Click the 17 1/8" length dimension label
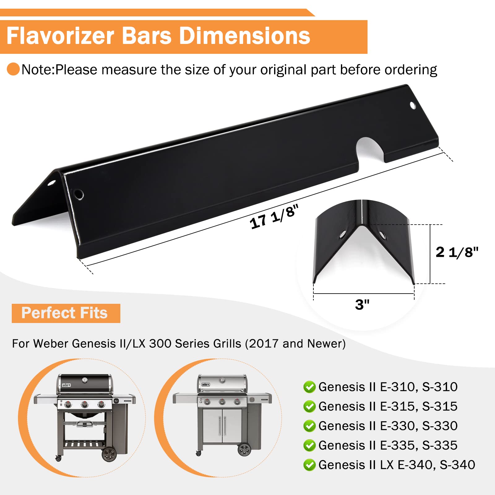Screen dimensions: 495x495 pyautogui.click(x=274, y=217)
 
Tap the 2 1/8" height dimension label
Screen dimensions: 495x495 pyautogui.click(x=457, y=252)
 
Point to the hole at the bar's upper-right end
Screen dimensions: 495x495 pyautogui.click(x=413, y=105)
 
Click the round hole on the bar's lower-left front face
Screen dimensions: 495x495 pyautogui.click(x=79, y=194)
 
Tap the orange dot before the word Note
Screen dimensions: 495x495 pyautogui.click(x=13, y=69)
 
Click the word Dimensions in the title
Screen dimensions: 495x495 pyautogui.click(x=244, y=36)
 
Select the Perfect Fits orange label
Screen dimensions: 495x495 pyautogui.click(x=66, y=313)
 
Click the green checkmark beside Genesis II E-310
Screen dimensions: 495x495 pyautogui.click(x=309, y=387)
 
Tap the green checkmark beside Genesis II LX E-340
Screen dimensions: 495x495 pyautogui.click(x=309, y=465)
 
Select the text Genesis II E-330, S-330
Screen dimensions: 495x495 pyautogui.click(x=388, y=426)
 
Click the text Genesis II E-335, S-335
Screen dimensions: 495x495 pyautogui.click(x=388, y=445)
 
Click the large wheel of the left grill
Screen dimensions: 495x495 pyautogui.click(x=109, y=454)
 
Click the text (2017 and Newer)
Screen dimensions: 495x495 pyautogui.click(x=295, y=344)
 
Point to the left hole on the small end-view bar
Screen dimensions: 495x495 pyautogui.click(x=342, y=235)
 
